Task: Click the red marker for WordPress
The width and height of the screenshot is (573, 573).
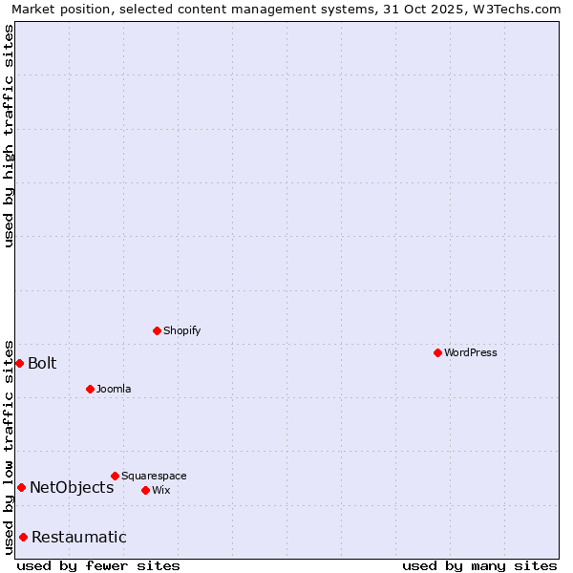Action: click(437, 352)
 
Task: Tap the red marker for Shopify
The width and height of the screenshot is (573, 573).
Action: click(157, 330)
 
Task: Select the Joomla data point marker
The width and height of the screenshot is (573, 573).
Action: click(90, 389)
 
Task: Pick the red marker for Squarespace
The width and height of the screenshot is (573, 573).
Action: click(115, 476)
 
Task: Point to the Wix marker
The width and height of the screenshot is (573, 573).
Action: click(145, 490)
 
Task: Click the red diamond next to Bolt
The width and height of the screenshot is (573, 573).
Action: click(19, 363)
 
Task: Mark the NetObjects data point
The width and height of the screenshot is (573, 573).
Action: click(21, 487)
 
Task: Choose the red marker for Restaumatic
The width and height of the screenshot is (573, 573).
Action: click(23, 537)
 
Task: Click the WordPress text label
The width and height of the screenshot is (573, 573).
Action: click(471, 352)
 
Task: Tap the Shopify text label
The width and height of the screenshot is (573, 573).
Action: click(182, 330)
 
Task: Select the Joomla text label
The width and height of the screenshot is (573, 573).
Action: click(114, 389)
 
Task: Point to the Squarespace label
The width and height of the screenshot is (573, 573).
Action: click(154, 476)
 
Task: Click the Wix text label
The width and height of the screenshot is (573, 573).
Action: click(161, 490)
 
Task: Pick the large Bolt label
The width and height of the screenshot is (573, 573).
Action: click(42, 363)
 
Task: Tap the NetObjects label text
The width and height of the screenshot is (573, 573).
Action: click(72, 487)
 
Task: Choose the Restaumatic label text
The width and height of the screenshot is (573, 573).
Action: click(79, 537)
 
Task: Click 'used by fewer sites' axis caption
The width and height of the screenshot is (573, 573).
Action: click(98, 565)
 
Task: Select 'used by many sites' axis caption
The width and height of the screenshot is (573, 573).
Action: click(479, 565)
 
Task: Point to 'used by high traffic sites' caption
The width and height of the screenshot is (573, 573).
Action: click(9, 136)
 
